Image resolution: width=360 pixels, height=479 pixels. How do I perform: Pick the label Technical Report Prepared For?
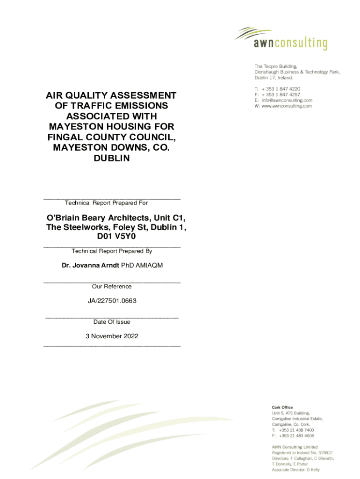tap(106, 203)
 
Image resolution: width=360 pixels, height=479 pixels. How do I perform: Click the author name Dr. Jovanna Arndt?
tap(90, 266)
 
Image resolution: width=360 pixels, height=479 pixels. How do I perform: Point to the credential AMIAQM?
tap(149, 266)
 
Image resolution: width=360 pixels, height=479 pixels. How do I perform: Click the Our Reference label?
tap(112, 286)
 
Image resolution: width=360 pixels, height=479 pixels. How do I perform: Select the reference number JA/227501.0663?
tap(112, 301)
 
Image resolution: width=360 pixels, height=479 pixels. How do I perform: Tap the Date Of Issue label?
tap(112, 322)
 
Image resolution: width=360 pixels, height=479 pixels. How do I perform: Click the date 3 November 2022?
tap(112, 336)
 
